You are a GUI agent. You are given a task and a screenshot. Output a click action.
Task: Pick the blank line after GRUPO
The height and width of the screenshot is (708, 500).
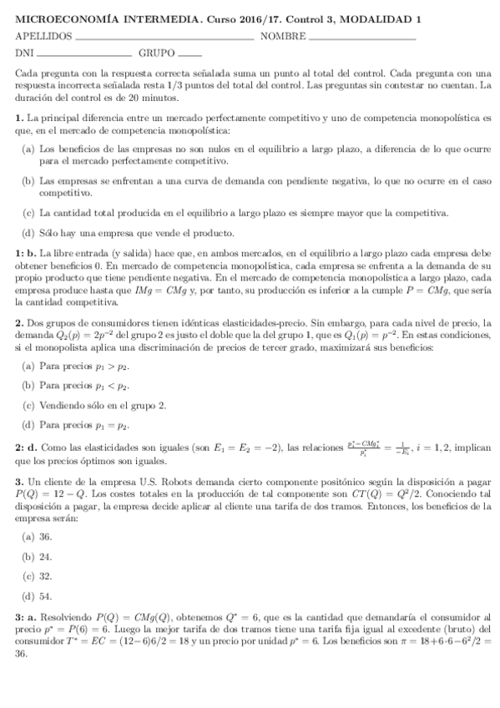tap(191, 57)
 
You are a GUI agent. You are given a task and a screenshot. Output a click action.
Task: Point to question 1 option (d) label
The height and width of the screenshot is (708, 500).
tap(28, 233)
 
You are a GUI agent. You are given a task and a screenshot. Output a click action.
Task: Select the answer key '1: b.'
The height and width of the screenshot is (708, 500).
tap(25, 252)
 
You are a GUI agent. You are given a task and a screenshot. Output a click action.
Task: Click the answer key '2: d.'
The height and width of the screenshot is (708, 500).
tap(25, 449)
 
